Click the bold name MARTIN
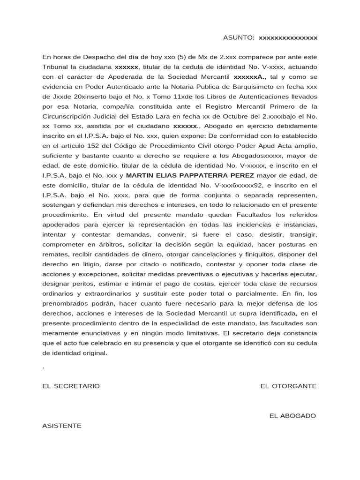141,175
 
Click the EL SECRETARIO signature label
71,386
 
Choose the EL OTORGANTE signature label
288,386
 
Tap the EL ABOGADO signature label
292,416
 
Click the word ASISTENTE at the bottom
61,426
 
